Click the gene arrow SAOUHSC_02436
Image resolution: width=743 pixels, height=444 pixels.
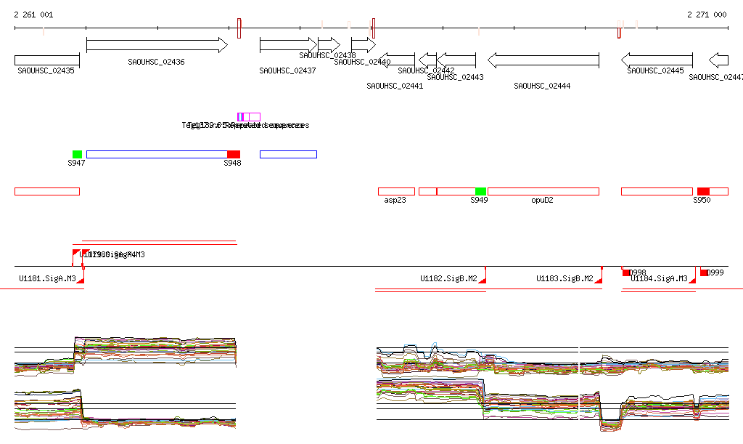tap(157, 45)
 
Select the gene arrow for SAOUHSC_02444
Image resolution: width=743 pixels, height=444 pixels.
tap(543, 60)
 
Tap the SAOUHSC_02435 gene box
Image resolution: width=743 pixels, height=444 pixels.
tap(46, 60)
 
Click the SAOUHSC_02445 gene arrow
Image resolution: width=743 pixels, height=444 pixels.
tap(657, 60)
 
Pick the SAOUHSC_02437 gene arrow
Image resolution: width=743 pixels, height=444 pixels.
tap(288, 45)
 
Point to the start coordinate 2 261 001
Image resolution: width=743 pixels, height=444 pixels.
tap(33, 15)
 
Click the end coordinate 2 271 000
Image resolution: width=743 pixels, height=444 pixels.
tap(707, 15)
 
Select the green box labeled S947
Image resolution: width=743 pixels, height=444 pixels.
tap(77, 154)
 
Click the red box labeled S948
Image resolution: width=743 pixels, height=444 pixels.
tap(234, 154)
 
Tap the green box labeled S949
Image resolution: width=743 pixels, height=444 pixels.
tap(480, 191)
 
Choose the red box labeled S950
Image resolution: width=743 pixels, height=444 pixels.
tap(703, 191)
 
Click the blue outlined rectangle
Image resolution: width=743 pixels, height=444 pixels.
tap(288, 154)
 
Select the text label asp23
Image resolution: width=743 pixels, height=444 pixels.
tap(395, 200)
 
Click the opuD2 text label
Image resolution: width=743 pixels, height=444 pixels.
tap(542, 200)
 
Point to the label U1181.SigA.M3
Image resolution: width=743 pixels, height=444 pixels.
tap(48, 278)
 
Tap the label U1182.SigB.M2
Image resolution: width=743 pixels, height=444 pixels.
tap(448, 278)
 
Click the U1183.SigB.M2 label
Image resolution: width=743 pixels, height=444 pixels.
tap(565, 278)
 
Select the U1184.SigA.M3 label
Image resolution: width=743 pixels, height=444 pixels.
tap(659, 278)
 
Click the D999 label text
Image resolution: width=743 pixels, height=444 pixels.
tap(715, 273)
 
